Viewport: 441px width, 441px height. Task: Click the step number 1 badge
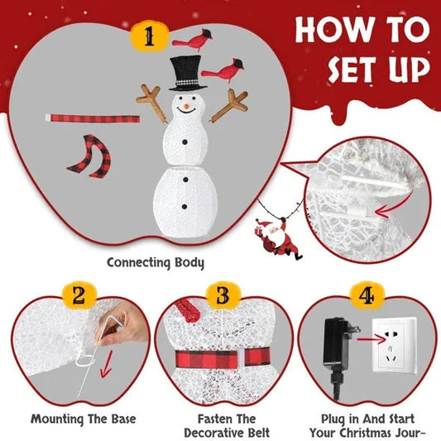tap(150, 37)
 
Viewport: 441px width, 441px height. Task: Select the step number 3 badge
tap(222, 295)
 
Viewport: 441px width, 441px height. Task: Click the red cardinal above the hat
tap(189, 39)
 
